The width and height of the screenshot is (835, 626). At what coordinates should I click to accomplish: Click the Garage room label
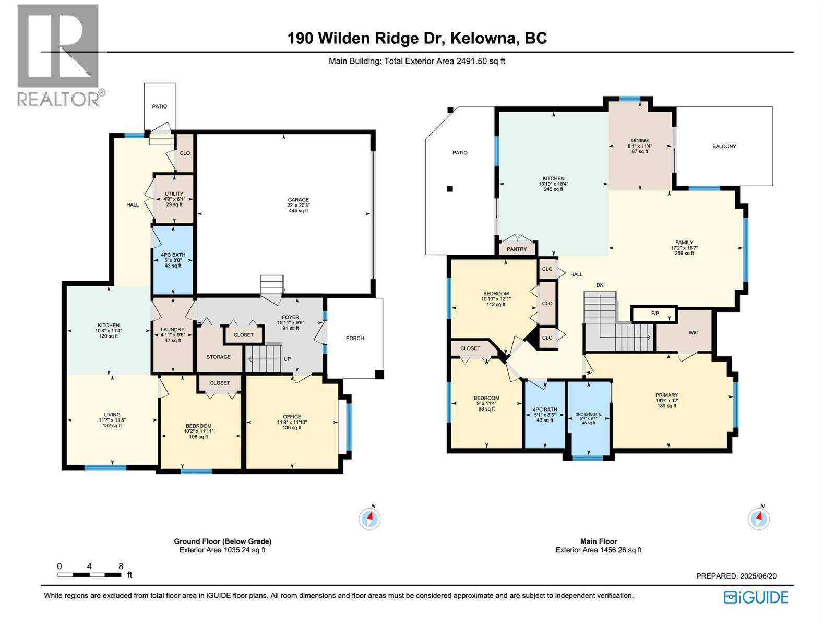(298, 200)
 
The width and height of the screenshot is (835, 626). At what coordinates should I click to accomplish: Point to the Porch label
(354, 338)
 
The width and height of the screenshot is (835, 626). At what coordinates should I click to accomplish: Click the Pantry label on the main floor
(517, 249)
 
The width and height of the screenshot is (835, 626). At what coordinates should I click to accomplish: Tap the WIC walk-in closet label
(693, 332)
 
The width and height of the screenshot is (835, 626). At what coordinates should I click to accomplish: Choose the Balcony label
(724, 146)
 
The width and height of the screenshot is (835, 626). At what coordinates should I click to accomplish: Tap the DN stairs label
(600, 285)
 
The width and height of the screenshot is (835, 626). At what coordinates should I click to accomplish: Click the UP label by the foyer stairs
(287, 359)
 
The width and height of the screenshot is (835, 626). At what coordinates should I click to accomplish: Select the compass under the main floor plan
(758, 519)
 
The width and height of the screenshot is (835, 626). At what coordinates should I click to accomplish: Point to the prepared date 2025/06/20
(758, 576)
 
